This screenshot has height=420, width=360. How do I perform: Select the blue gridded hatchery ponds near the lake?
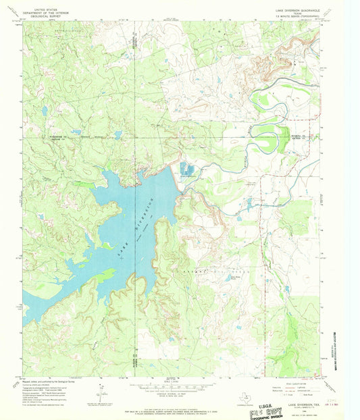[x=186, y=169]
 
